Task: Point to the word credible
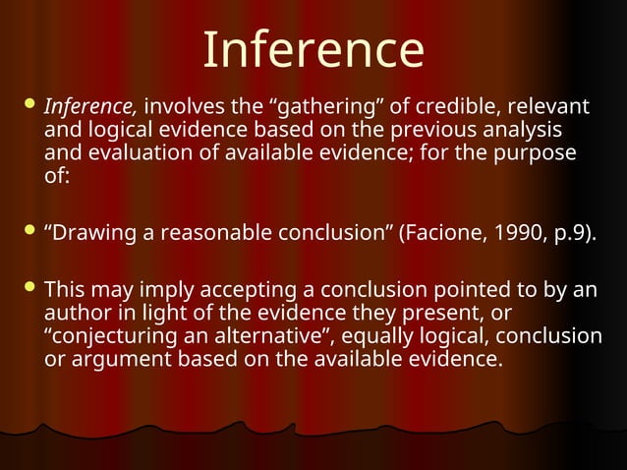pyautogui.click(x=443, y=106)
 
